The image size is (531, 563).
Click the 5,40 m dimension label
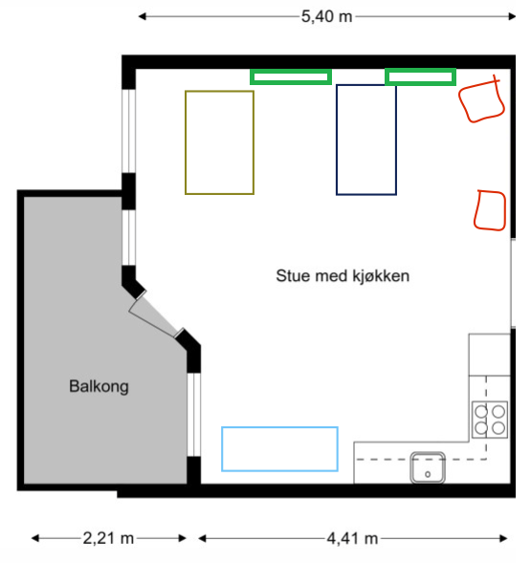(326, 16)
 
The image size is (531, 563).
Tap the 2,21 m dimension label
(108, 538)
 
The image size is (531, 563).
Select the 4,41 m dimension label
(352, 538)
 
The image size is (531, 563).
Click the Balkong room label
(99, 387)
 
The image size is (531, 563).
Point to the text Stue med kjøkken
(343, 276)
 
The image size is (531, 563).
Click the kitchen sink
(428, 467)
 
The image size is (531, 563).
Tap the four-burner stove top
(490, 420)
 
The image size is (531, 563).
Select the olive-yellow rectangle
(186, 142)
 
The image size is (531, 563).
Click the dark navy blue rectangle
(337, 140)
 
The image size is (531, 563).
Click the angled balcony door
(155, 316)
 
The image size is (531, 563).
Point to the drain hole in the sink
(428, 474)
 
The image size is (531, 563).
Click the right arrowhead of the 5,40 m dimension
(512, 16)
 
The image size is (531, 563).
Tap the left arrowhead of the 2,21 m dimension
(35, 538)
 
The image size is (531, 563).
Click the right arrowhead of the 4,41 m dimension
(503, 538)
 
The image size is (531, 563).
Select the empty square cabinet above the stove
(489, 355)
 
